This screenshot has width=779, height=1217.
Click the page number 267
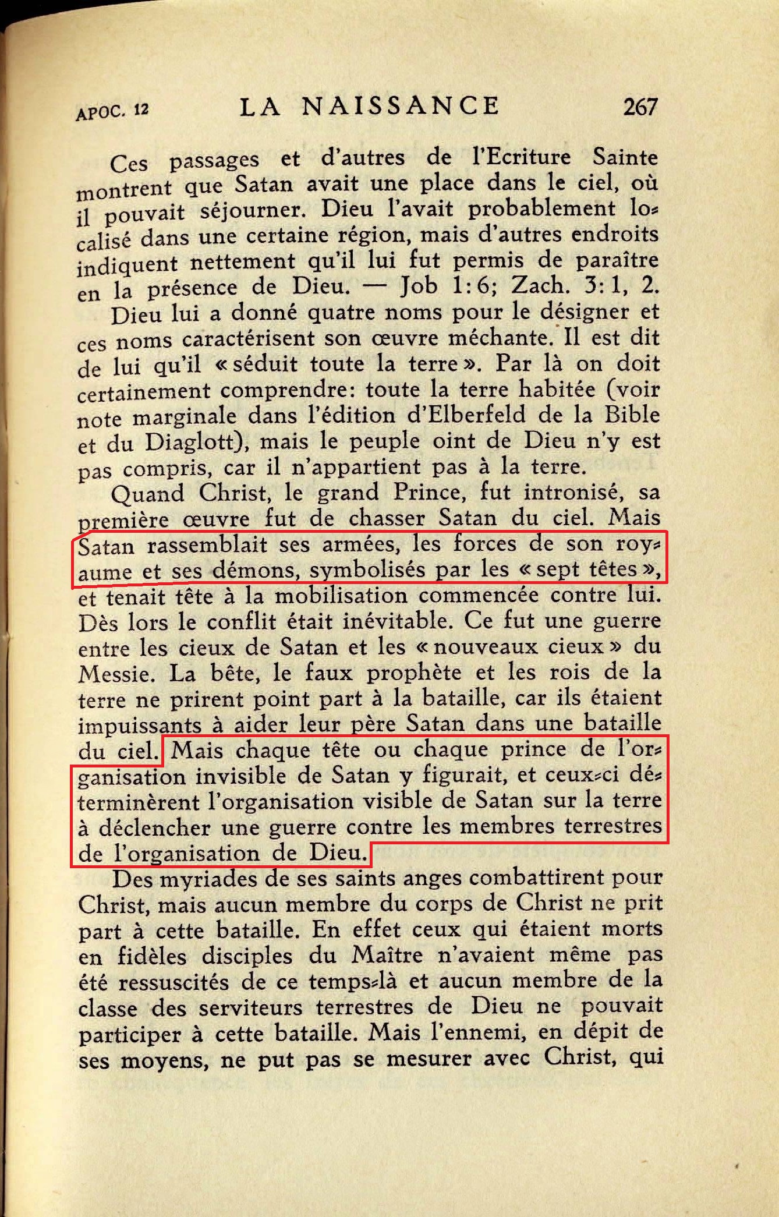(640, 107)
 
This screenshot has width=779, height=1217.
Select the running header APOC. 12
(111, 111)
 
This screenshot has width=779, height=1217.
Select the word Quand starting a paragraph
(148, 494)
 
